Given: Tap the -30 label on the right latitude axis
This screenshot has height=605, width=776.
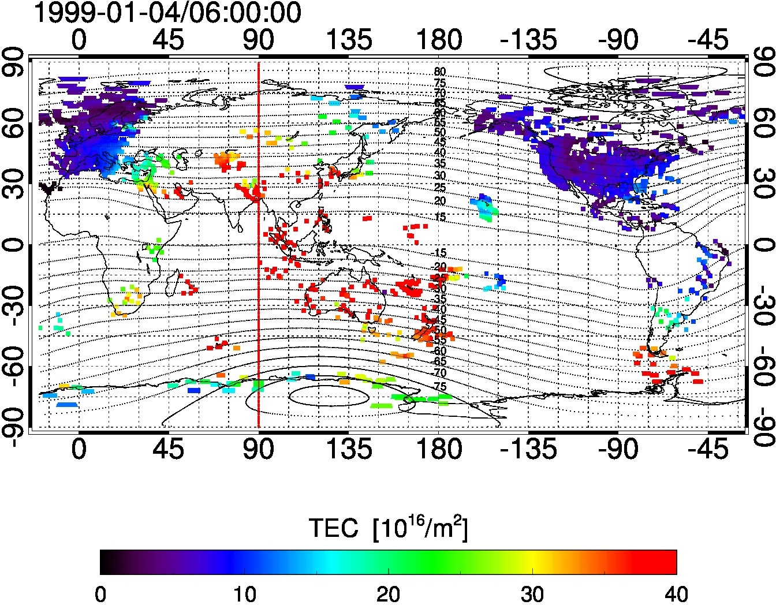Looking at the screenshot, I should point(761,304).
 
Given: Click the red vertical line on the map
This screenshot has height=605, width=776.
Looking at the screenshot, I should point(258,242).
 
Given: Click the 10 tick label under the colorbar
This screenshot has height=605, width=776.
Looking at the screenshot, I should point(244,593).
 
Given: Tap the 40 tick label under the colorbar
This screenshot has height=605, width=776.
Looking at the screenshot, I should point(676,593).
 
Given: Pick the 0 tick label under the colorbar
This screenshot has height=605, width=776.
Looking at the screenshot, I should point(101,593).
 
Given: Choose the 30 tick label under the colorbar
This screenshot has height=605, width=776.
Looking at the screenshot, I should point(532,593).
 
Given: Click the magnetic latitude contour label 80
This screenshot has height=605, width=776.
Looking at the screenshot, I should point(440,72).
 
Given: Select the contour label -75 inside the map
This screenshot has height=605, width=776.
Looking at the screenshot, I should point(440,386).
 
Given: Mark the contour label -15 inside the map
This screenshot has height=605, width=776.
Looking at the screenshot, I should point(440,253).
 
